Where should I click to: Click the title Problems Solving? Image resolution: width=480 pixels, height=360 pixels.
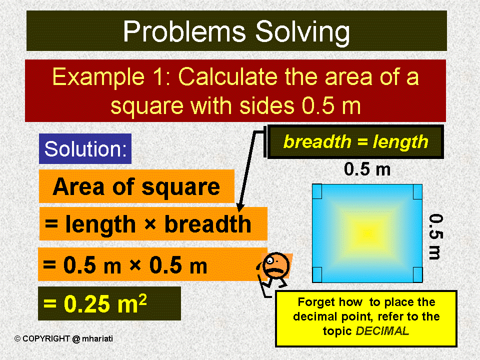click(x=236, y=31)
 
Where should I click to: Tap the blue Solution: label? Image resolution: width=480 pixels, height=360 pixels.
click(x=85, y=149)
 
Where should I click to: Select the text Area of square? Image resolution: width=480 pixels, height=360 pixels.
click(x=136, y=186)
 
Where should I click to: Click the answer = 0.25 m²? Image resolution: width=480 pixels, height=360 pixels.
click(x=95, y=303)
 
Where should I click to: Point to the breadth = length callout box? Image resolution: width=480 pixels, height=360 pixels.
click(x=355, y=142)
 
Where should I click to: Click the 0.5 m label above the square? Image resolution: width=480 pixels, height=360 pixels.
click(x=367, y=169)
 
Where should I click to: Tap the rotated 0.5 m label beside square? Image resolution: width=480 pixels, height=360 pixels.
click(x=435, y=236)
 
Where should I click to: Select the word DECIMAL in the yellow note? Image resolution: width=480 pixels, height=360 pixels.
click(x=384, y=331)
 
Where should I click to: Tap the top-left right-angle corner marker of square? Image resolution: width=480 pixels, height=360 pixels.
click(x=317, y=190)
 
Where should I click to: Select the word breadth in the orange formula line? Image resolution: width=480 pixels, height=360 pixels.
click(x=207, y=224)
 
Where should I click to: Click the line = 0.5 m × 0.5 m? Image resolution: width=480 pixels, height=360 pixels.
click(x=125, y=265)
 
